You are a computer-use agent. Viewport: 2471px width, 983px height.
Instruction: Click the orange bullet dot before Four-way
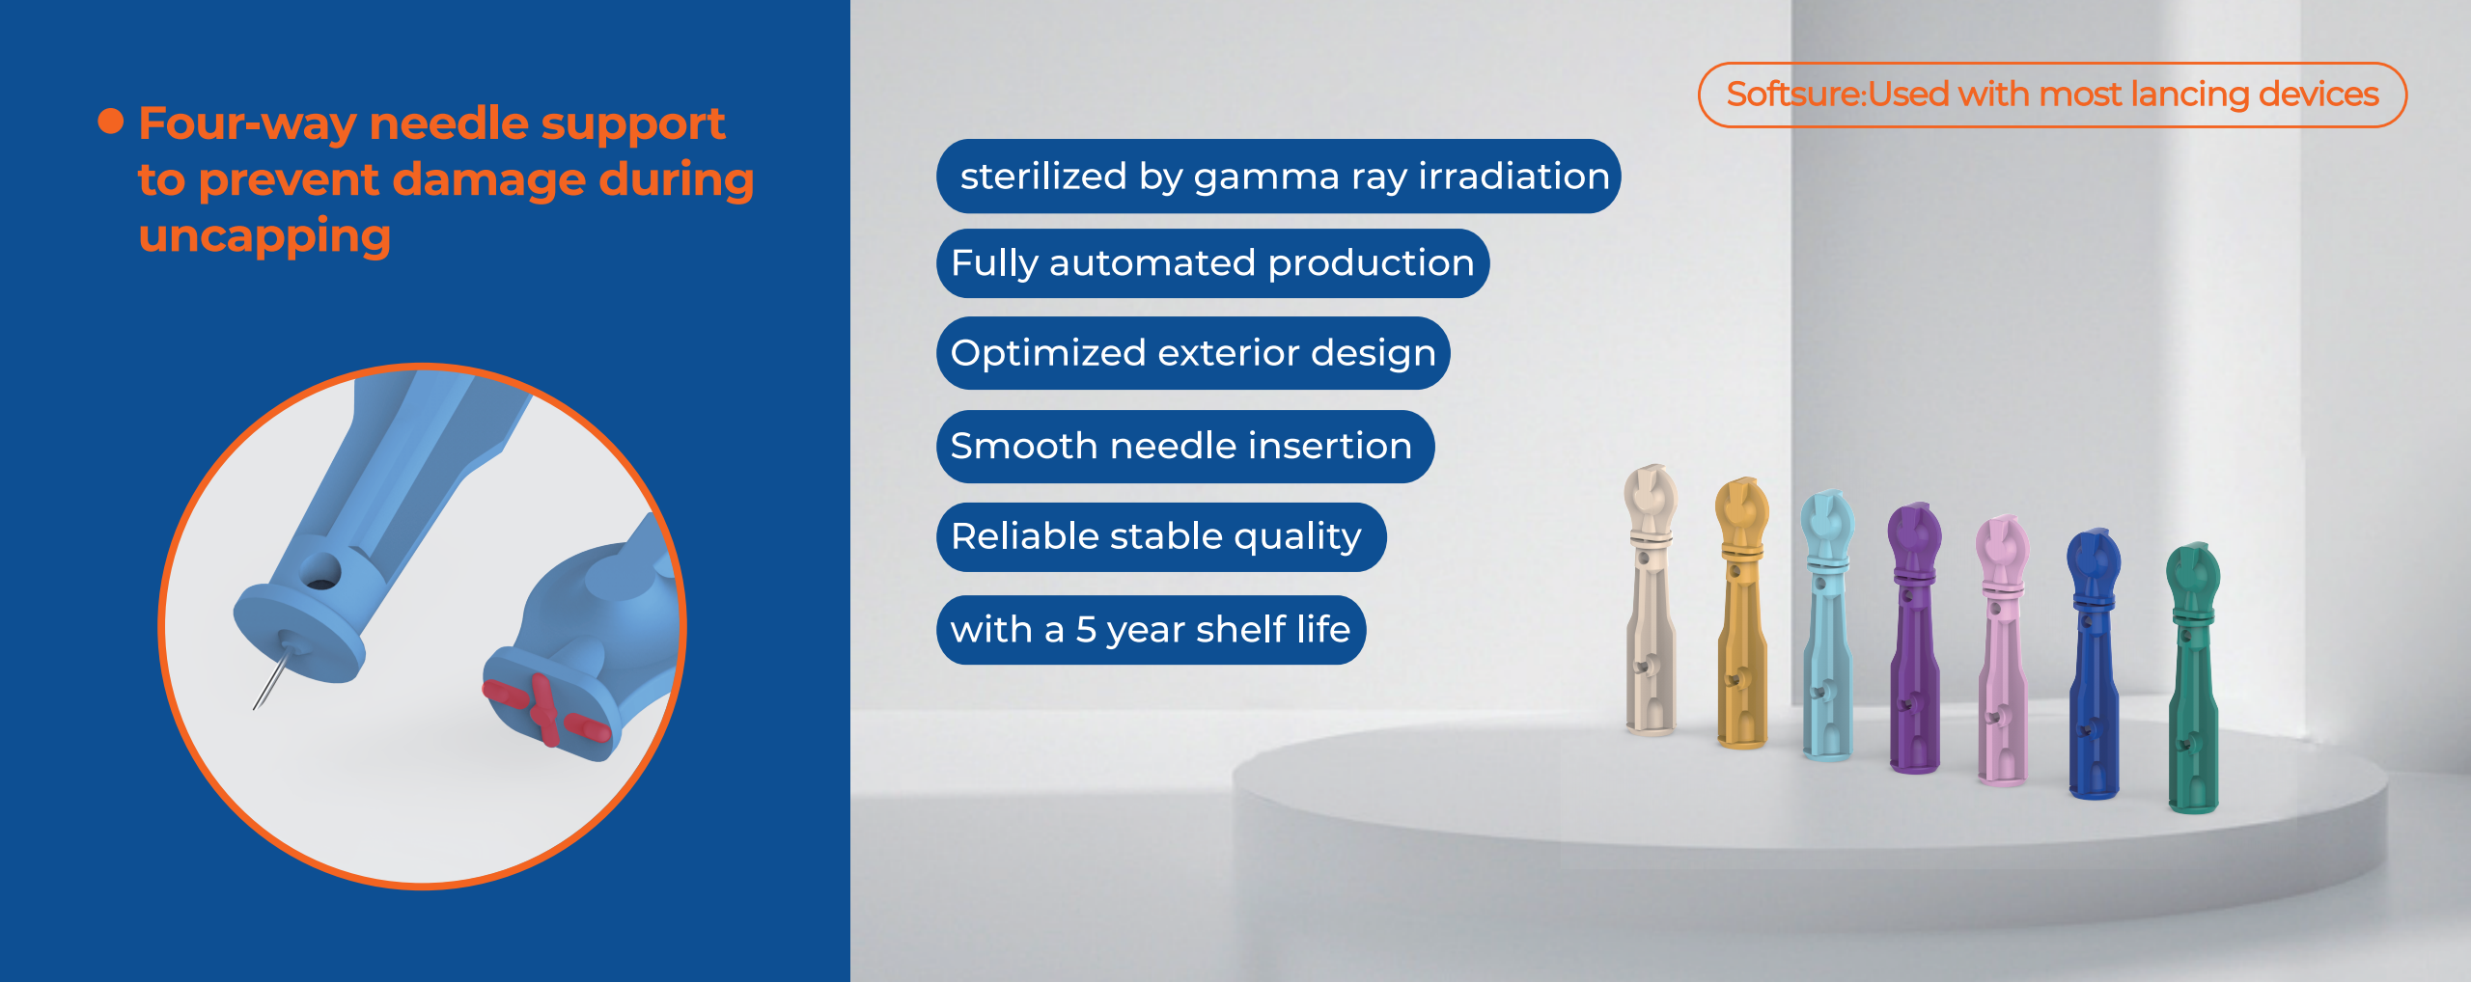[x=111, y=122]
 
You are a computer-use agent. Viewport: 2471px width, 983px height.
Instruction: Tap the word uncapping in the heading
[x=264, y=237]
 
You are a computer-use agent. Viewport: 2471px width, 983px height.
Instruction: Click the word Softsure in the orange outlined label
[x=1794, y=95]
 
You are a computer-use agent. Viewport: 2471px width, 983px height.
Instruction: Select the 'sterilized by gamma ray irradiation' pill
[x=1278, y=177]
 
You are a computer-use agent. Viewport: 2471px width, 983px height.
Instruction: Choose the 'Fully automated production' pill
[x=1212, y=263]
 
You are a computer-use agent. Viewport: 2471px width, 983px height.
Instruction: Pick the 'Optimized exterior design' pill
[x=1193, y=353]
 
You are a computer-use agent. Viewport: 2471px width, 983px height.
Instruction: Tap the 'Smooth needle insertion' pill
[x=1185, y=447]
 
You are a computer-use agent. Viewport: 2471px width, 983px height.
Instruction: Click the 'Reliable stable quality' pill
[x=1161, y=537]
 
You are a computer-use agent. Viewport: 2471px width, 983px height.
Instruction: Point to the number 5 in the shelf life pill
[x=1086, y=630]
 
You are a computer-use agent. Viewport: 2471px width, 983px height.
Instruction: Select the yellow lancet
[x=1741, y=614]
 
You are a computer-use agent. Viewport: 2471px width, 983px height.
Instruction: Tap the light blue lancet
[x=1827, y=625]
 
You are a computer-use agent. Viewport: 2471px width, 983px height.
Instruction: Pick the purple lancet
[x=1914, y=638]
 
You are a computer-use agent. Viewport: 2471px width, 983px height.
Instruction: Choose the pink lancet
[x=2003, y=650]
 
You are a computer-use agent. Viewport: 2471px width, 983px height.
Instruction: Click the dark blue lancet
[x=2094, y=664]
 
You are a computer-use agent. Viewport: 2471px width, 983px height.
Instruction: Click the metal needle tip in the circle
[x=256, y=706]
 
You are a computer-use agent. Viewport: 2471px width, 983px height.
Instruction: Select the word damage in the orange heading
[x=489, y=180]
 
